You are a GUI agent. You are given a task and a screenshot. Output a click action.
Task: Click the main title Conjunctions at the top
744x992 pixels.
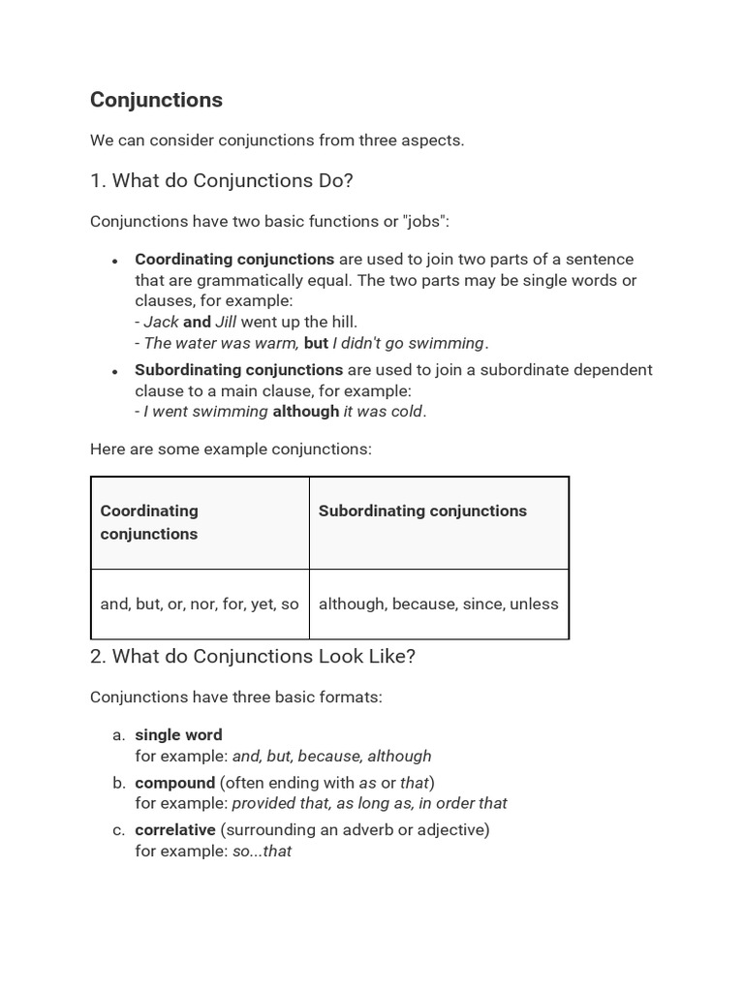tap(156, 100)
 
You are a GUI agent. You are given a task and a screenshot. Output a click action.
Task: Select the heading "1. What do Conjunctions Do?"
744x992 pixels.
tap(221, 180)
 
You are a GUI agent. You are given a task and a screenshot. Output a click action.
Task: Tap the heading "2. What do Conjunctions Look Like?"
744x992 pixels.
tap(252, 656)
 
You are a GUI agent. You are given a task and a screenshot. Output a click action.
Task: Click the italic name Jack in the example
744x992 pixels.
tap(161, 322)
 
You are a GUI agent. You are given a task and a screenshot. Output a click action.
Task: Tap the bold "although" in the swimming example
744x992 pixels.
tap(306, 411)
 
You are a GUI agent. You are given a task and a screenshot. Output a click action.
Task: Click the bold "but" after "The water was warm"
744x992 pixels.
tap(316, 343)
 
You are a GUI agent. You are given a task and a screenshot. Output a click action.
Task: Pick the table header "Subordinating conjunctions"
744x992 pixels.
tap(422, 511)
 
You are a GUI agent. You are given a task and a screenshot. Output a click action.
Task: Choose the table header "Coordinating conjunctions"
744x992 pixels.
tap(149, 522)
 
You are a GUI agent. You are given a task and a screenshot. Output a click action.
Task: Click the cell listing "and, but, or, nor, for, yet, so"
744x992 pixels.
tap(200, 604)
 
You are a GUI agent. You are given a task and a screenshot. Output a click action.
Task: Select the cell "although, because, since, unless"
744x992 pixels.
tap(438, 604)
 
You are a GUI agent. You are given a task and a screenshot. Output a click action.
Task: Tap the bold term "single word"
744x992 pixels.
tap(178, 734)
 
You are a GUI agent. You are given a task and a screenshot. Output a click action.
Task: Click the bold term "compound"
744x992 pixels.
tap(174, 782)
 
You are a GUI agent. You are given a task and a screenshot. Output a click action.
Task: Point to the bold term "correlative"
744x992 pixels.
tap(175, 829)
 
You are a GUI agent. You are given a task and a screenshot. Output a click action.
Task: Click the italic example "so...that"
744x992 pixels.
tap(262, 852)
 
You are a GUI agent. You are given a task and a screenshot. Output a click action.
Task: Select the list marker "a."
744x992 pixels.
tap(119, 734)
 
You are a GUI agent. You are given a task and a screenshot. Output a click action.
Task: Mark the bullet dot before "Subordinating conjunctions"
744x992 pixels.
tap(115, 371)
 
